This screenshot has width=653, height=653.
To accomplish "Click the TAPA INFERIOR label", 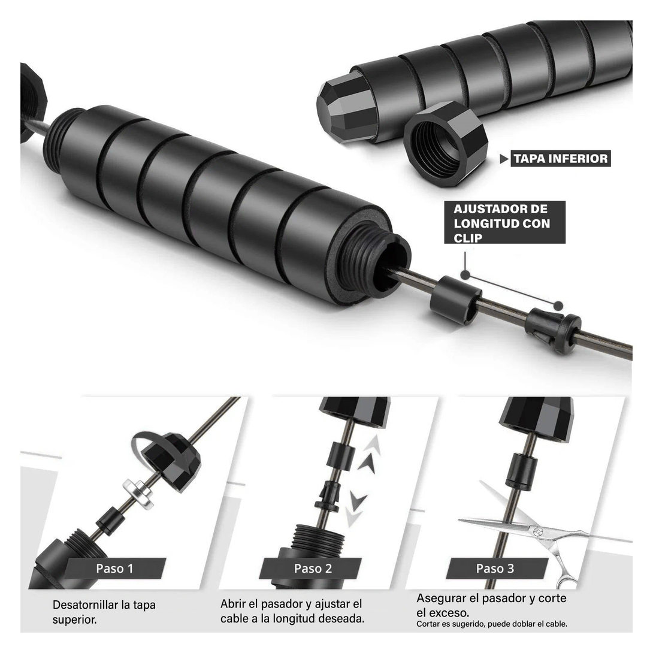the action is pos(561,158).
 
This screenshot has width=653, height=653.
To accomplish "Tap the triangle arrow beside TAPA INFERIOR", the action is pos(504,159).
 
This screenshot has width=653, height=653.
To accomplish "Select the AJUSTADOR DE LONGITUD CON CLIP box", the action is pos(505,222).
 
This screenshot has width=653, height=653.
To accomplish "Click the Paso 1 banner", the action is pos(114,569).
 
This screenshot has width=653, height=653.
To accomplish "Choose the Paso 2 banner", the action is pos(312,569).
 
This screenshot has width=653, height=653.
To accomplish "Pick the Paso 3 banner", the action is pos(495,569).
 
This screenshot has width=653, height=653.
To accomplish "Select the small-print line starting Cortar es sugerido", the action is pos(492,624).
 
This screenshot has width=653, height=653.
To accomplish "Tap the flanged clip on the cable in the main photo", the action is pos(553,331).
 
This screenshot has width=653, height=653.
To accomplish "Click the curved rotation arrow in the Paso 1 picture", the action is pos(146,448).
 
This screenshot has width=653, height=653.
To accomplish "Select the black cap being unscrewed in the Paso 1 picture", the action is pos(171,461).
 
